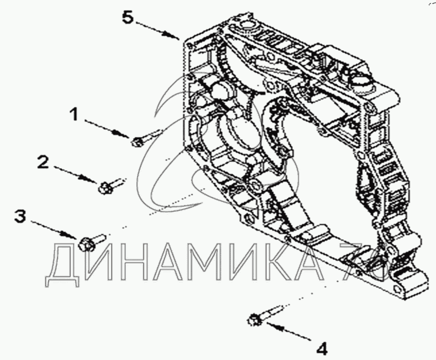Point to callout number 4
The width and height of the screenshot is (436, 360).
pyautogui.click(x=322, y=348)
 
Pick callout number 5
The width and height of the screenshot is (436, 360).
pyautogui.click(x=128, y=18)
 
